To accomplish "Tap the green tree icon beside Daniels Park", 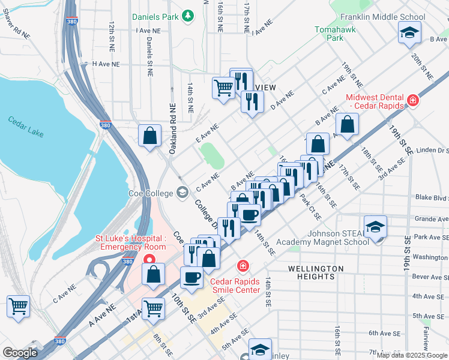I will (x=188, y=14).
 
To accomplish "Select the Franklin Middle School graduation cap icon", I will (x=409, y=33).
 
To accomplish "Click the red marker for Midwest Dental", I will (x=412, y=100).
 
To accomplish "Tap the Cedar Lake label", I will (x=26, y=127).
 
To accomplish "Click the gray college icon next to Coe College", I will (x=182, y=193).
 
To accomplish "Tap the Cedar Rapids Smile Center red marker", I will (x=243, y=265).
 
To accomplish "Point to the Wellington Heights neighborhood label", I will (x=315, y=272).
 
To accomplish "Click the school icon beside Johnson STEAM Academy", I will (x=375, y=227).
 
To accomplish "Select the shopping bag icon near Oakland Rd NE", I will (x=149, y=135).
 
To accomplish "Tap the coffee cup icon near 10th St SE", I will (x=191, y=277).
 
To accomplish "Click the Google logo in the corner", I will (x=20, y=352).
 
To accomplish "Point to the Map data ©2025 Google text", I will (x=412, y=355).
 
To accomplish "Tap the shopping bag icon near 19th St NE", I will (x=347, y=124).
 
